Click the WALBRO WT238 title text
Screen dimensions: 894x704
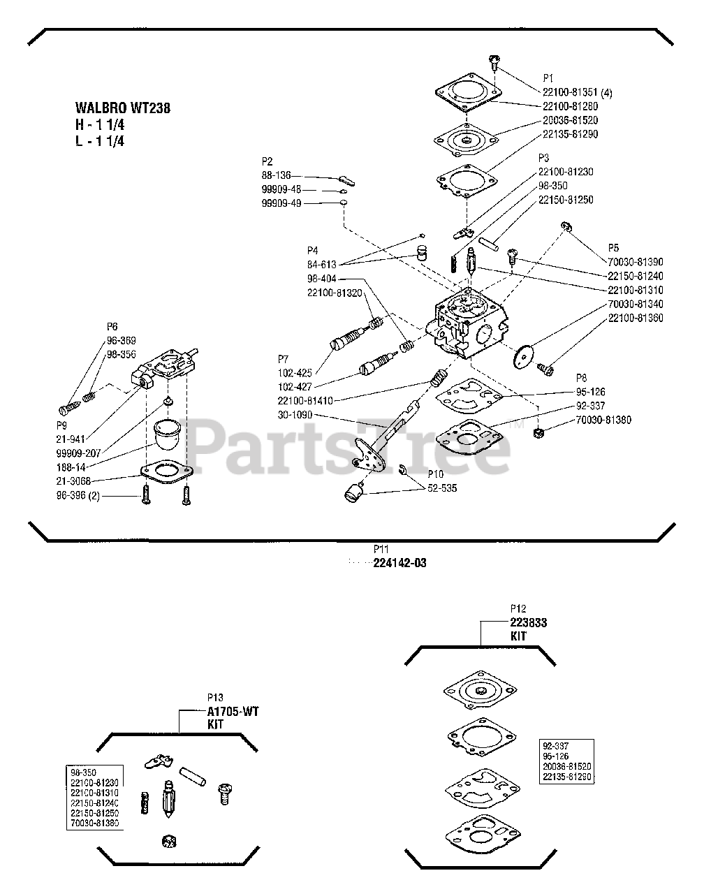[122, 108]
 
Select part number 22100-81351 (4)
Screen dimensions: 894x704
[577, 92]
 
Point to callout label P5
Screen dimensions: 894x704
[613, 247]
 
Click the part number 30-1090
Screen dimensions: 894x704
[295, 415]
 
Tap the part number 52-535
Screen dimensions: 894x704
[442, 488]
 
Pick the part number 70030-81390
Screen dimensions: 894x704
[635, 261]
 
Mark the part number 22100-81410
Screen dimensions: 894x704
[305, 401]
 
